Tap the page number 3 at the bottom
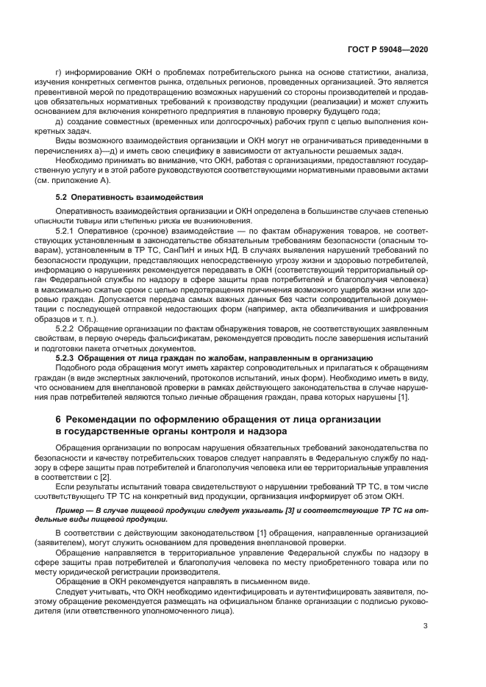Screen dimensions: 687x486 (x=426, y=626)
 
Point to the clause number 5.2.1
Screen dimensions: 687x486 (x=66, y=230)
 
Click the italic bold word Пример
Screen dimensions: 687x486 (x=73, y=508)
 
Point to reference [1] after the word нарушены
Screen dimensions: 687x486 (x=403, y=398)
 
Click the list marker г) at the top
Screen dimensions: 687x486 (x=59, y=74)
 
